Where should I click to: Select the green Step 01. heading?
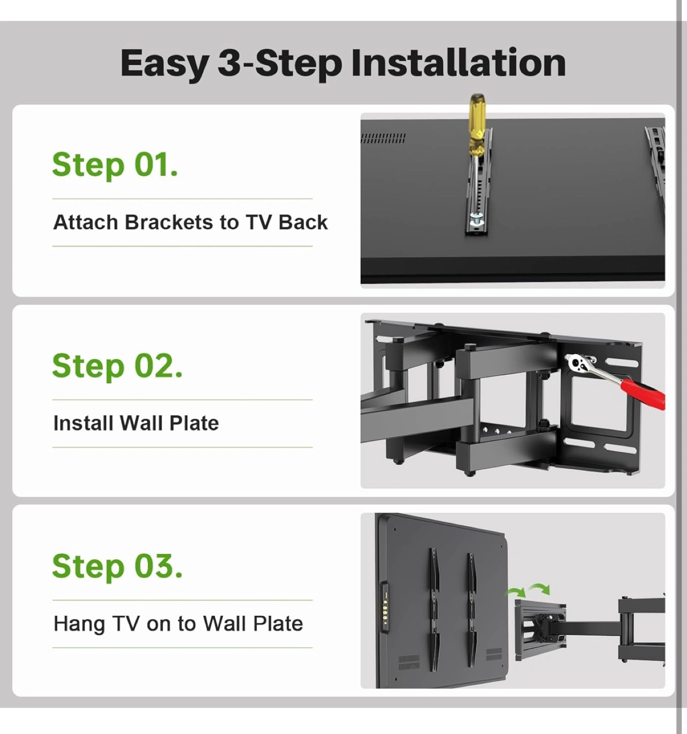pyautogui.click(x=115, y=165)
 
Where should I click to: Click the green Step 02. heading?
pyautogui.click(x=117, y=366)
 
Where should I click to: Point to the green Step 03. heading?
pyautogui.click(x=117, y=567)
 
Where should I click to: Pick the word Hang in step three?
pyautogui.click(x=79, y=624)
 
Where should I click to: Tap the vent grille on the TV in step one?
pyautogui.click(x=383, y=138)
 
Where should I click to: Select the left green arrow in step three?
pyautogui.click(x=515, y=592)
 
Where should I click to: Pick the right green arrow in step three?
pyautogui.click(x=540, y=588)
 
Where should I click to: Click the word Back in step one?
pyautogui.click(x=303, y=222)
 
